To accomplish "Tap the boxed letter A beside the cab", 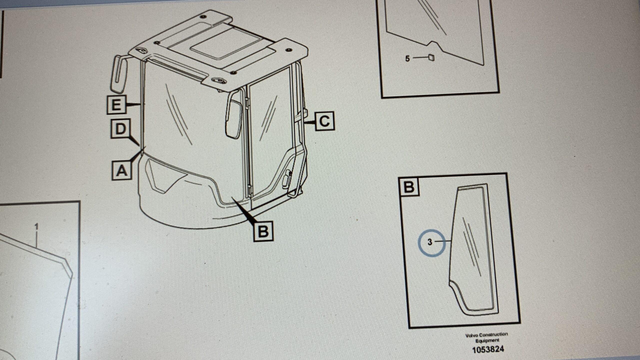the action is [x=121, y=171].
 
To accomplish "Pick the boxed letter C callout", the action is [x=324, y=121].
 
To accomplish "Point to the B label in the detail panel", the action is [x=409, y=186].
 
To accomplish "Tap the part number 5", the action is [x=407, y=59].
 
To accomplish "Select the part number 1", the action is [x=36, y=227].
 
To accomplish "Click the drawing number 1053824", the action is [x=488, y=349].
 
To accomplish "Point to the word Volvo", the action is [x=471, y=335].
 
